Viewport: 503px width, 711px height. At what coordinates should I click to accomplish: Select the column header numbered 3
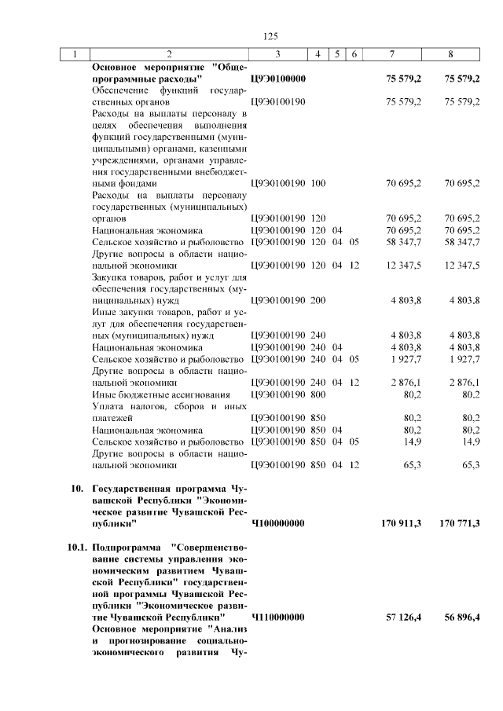277,54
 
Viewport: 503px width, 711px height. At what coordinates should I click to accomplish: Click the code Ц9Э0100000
278,79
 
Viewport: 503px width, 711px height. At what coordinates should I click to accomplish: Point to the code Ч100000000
278,523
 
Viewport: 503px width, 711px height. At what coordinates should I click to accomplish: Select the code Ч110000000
278,618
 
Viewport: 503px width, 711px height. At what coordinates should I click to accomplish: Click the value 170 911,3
398,523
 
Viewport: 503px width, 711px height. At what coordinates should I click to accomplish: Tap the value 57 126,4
402,618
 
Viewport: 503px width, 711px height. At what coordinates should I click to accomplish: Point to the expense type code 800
318,394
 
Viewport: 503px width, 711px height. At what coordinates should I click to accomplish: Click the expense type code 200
318,300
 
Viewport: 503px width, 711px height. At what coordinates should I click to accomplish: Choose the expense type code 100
318,183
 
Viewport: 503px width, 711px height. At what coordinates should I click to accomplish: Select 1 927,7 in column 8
464,359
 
